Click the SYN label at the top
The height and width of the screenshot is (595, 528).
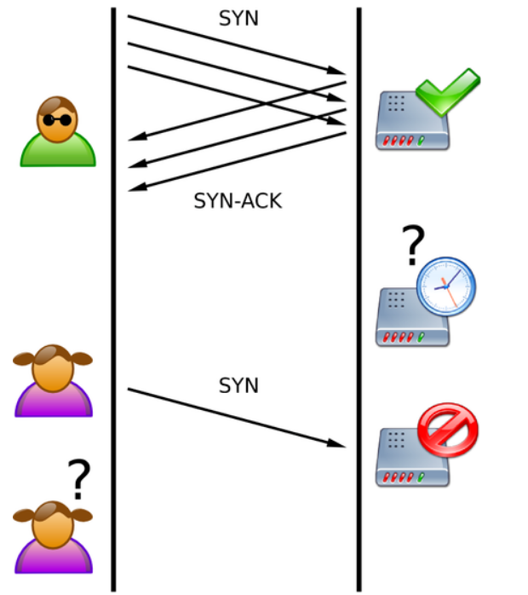tap(238, 19)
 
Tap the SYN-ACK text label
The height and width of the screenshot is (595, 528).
tap(238, 201)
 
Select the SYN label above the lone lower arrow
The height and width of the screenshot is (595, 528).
tap(238, 385)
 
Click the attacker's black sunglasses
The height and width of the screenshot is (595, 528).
tap(58, 119)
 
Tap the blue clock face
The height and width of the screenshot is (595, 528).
tap(445, 285)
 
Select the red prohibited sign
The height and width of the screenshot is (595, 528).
tap(448, 430)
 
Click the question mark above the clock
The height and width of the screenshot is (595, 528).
tap(412, 246)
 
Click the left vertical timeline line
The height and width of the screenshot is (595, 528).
tap(113, 298)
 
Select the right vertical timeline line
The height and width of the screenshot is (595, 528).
tap(359, 298)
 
